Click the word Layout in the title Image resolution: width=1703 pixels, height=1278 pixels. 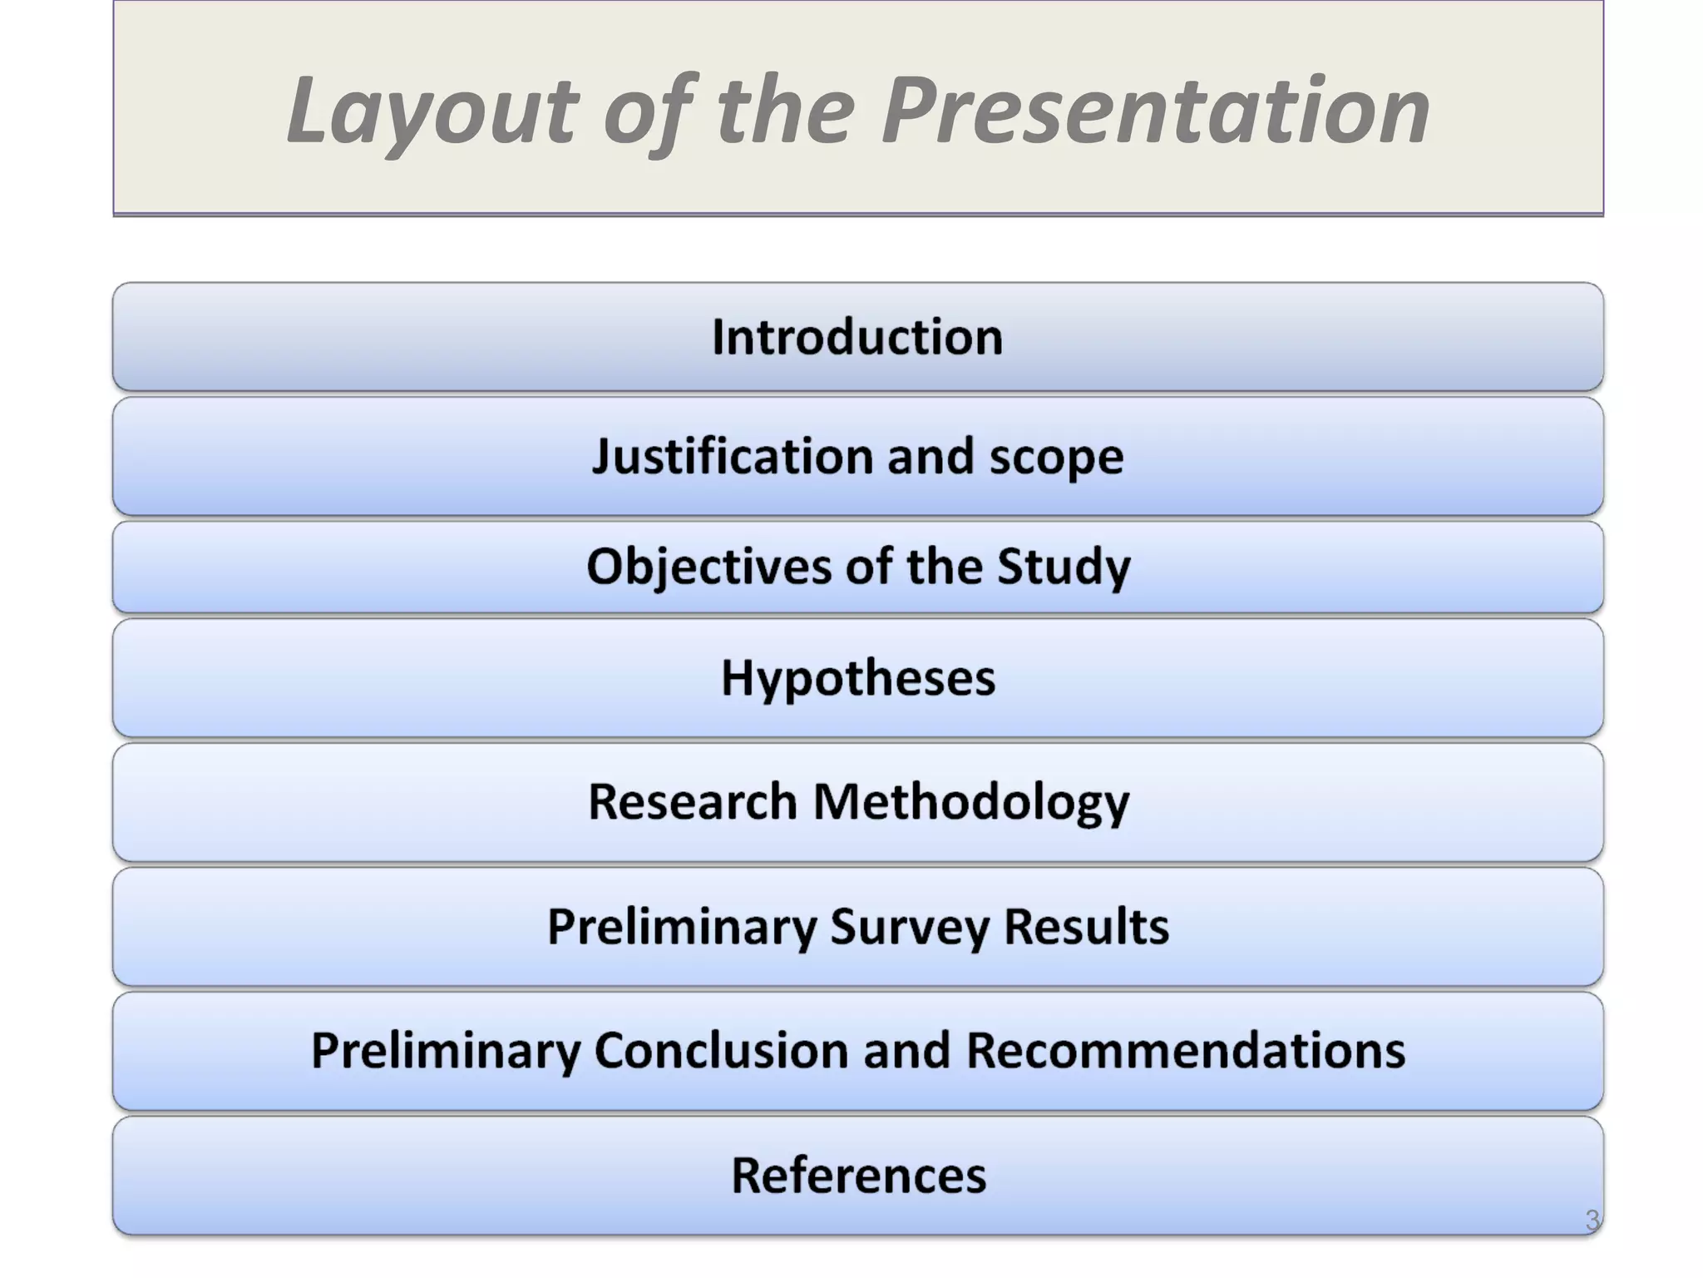coord(432,111)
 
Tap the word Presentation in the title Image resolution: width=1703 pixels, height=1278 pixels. coord(1155,111)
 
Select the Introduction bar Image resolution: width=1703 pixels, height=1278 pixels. coord(857,337)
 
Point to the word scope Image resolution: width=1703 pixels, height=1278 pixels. coord(1056,457)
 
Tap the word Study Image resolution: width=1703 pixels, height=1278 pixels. coord(1064,567)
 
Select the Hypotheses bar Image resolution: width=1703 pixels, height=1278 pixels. coord(857,677)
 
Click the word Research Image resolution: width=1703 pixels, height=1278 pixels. coord(692,801)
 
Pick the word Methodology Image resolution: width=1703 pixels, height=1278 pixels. coord(970,801)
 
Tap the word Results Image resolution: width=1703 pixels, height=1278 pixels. coord(1086,926)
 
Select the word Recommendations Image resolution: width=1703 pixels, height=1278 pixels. coord(1185,1050)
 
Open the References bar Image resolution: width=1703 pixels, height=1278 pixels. coord(857,1175)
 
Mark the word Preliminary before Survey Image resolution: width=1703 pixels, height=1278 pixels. coord(681,926)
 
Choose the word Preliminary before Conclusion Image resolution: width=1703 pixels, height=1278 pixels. coord(445,1050)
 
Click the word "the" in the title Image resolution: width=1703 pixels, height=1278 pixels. coord(786,111)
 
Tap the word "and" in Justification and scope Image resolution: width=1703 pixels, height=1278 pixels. coord(930,457)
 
